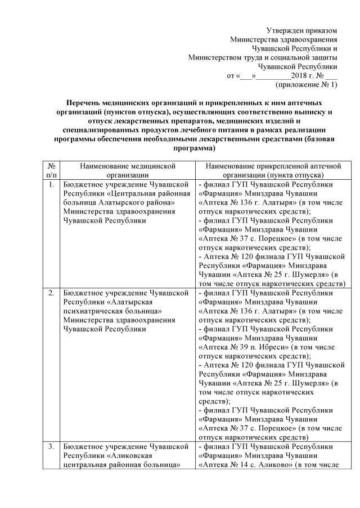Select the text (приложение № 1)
pyautogui.click(x=307, y=85)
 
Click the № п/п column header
pyautogui.click(x=51, y=170)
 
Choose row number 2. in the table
pyautogui.click(x=51, y=293)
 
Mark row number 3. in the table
pyautogui.click(x=51, y=446)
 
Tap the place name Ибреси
pyautogui.click(x=264, y=347)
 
